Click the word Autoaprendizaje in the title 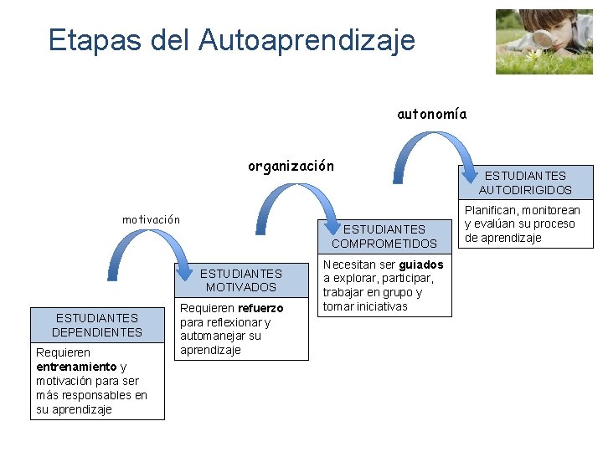(x=307, y=39)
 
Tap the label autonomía (x=431, y=114)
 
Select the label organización (x=291, y=166)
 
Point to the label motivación (x=151, y=219)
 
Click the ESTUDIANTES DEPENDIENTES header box (x=97, y=325)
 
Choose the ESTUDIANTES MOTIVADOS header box (x=241, y=280)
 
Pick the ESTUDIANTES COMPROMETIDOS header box (x=384, y=236)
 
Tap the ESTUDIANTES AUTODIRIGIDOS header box (x=525, y=182)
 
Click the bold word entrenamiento (x=76, y=367)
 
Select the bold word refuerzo (x=260, y=308)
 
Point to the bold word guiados (x=421, y=265)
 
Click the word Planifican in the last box (x=490, y=210)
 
